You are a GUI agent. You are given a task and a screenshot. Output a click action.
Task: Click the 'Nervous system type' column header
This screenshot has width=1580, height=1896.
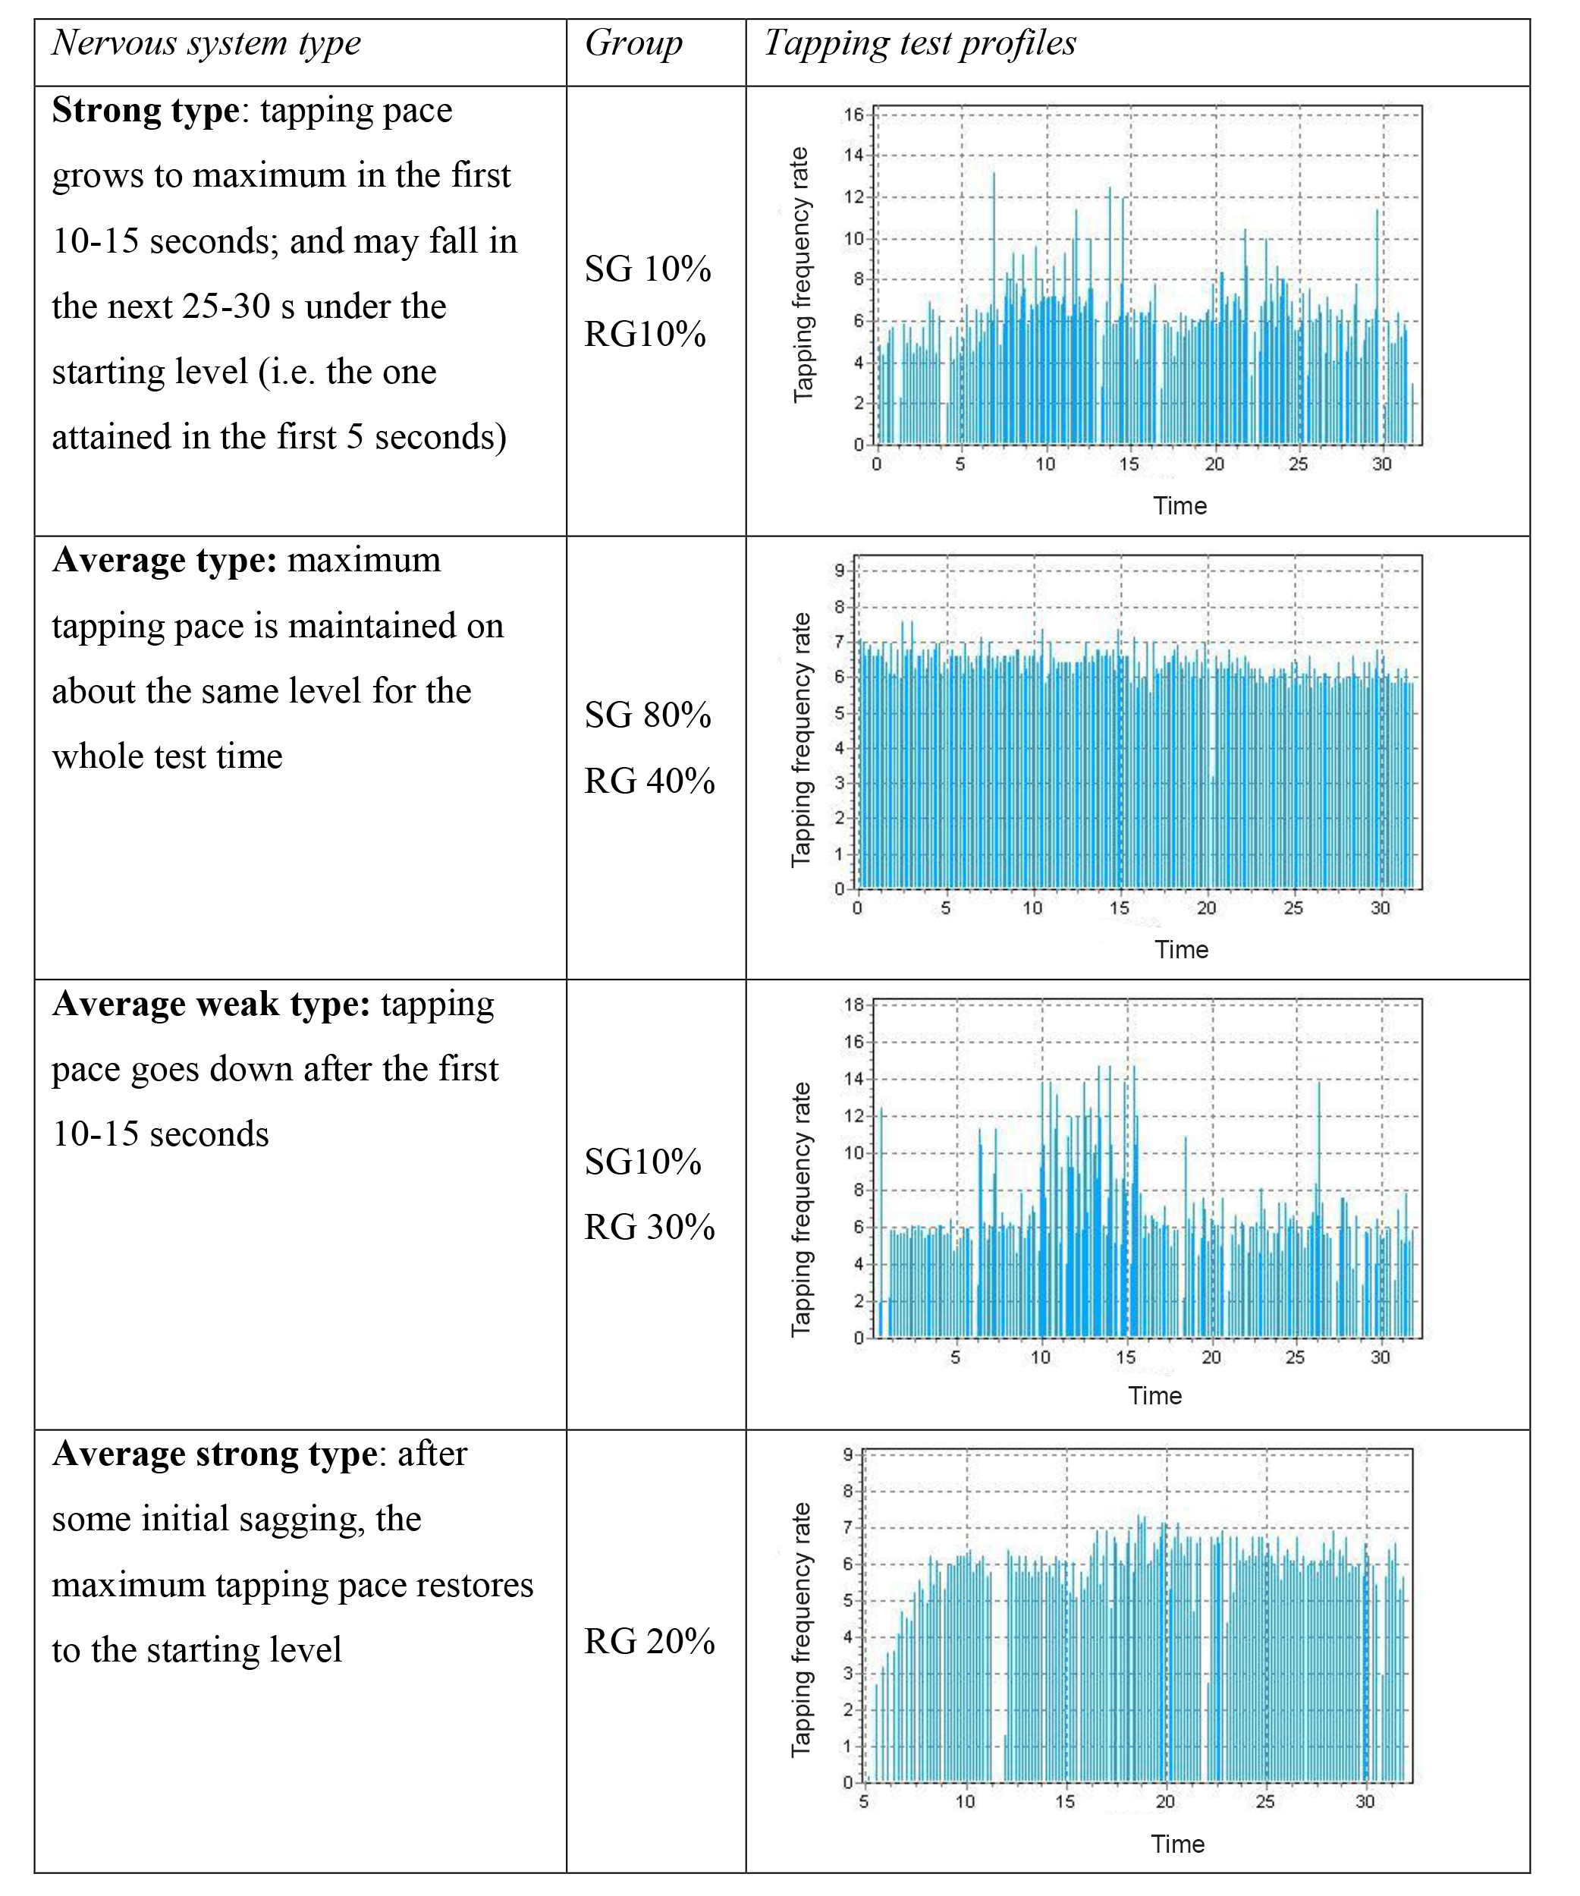tap(206, 43)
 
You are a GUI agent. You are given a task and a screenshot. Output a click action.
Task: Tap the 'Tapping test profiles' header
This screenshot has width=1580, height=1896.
tap(919, 43)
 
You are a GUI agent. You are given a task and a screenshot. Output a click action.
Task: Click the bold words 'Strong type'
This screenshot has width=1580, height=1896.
tap(144, 110)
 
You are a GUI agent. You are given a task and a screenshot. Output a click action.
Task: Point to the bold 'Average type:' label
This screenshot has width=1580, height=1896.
tap(163, 561)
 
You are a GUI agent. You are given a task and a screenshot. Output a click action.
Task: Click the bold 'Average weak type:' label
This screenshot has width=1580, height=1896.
tap(210, 1004)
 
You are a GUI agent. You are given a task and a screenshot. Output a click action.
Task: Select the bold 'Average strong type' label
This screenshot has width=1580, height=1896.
tap(214, 1454)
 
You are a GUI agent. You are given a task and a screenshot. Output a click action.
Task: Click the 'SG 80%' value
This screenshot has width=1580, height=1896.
tap(647, 715)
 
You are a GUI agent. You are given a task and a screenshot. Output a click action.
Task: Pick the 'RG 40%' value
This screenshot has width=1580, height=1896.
tap(649, 781)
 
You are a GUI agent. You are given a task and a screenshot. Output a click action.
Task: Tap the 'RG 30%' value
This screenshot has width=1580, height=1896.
tap(649, 1227)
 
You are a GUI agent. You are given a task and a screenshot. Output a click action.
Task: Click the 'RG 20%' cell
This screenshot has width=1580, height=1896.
tap(649, 1640)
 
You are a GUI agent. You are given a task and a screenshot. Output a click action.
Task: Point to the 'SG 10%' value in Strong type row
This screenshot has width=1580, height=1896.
tap(647, 269)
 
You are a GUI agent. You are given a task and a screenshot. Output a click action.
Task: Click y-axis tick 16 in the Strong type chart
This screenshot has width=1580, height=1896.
tap(853, 115)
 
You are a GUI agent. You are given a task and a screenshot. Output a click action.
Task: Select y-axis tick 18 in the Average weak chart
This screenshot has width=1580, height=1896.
tap(853, 1005)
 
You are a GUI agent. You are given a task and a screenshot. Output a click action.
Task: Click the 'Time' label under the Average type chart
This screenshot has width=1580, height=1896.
tap(1181, 950)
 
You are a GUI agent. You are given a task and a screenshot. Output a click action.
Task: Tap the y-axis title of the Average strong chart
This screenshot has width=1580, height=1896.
tap(801, 1630)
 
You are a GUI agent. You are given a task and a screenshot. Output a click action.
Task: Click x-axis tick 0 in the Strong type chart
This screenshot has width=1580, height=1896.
tap(877, 464)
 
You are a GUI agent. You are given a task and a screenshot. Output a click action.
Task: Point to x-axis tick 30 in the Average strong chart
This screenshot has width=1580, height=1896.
tap(1365, 1802)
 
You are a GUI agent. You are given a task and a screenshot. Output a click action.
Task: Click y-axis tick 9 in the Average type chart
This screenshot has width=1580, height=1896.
tap(840, 570)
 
